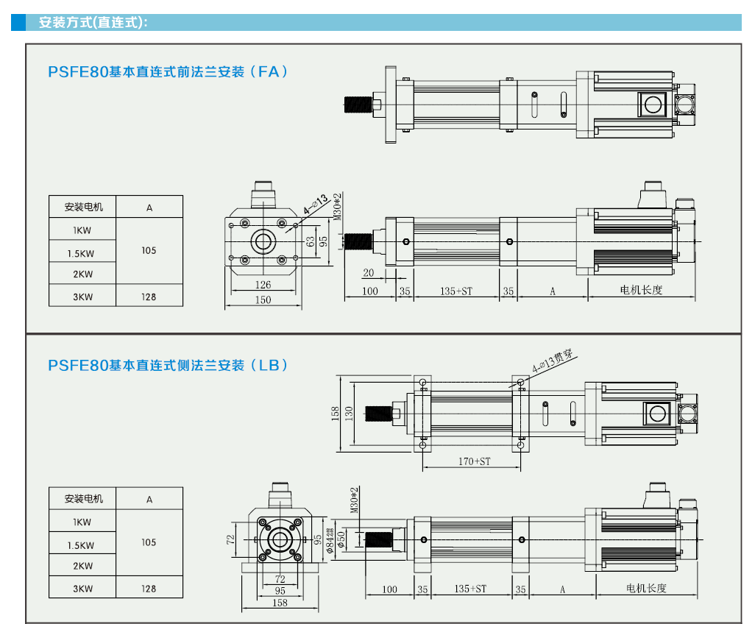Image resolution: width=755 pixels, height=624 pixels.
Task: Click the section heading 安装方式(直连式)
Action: point(93,22)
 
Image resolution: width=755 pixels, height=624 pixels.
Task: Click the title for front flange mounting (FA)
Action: point(166,72)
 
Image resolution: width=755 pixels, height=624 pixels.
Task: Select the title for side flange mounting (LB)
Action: point(166,365)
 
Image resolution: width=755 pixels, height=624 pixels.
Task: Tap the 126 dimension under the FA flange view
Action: point(263,285)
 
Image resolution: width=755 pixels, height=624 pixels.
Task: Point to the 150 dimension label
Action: point(263,299)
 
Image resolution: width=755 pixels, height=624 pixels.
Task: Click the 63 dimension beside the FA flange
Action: point(311,239)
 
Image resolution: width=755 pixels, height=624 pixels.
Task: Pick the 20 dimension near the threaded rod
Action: point(369,273)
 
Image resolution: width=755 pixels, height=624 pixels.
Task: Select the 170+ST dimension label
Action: point(474,461)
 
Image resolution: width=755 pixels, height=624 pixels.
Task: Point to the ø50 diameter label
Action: point(341,540)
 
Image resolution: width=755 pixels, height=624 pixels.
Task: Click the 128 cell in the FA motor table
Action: point(149,297)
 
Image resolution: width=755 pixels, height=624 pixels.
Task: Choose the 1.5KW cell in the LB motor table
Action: point(81,545)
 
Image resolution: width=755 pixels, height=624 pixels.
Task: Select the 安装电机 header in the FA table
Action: point(84,207)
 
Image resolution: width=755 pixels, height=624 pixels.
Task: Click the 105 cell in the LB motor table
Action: point(149,542)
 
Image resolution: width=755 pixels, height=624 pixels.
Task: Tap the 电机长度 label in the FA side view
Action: point(641,290)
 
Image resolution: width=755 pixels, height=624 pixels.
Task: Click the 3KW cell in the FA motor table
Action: point(82,297)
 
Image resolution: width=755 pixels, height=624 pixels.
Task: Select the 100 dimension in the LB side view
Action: point(389,589)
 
